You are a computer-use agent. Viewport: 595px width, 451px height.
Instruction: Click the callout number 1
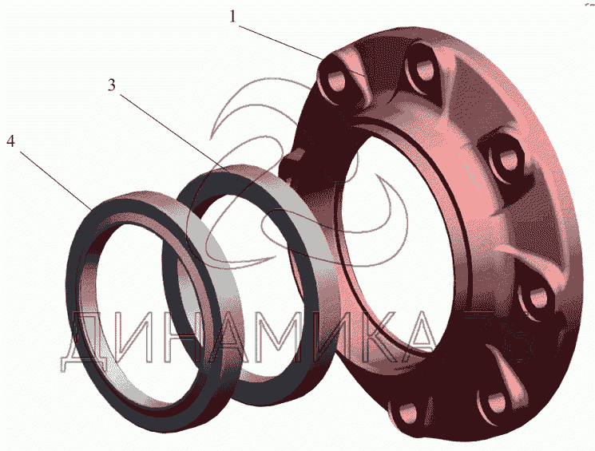232,17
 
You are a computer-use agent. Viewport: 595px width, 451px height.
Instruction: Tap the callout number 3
111,85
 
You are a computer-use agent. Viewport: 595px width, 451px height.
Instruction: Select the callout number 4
10,141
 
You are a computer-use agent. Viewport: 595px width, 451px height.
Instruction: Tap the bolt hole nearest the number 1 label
335,81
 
